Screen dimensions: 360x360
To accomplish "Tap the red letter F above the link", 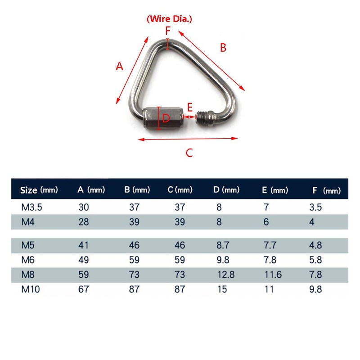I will pos(168,31).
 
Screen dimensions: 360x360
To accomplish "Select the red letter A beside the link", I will pos(119,67).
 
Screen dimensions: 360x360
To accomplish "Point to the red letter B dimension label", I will pos(223,47).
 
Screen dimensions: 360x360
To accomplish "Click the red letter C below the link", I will pos(189,153).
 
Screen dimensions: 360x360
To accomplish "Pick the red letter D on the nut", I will pos(166,119).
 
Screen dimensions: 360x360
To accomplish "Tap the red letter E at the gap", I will pos(190,107).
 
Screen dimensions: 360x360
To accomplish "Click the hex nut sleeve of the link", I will pos(162,118).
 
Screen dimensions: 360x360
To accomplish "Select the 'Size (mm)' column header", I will pos(39,190).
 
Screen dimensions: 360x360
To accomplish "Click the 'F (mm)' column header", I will pos(326,190).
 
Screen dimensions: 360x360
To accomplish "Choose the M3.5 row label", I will pos(30,208).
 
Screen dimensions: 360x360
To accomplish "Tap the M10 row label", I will pos(31,289).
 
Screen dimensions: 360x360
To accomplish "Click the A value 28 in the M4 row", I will pos(83,222).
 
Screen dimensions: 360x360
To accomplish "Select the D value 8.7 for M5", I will pos(222,246).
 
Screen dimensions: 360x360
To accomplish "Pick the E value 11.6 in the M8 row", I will pos(272,274).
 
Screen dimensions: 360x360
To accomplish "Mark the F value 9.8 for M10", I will pos(316,289).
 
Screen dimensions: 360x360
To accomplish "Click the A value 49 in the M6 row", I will pos(83,260).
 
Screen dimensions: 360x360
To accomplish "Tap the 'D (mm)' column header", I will pos(226,190).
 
